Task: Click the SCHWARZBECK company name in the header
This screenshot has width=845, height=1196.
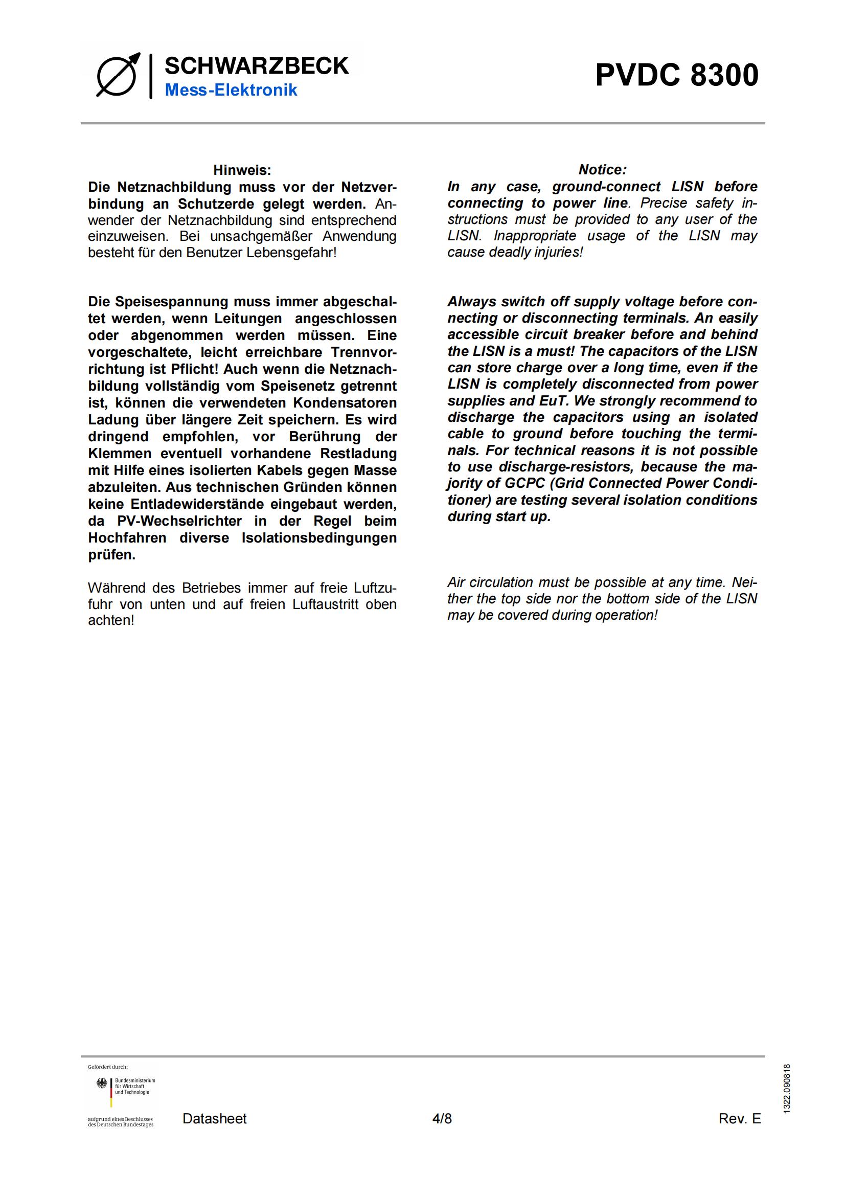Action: [x=257, y=66]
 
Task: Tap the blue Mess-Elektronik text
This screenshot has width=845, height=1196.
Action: [x=231, y=90]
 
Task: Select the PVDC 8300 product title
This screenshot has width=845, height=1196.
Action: [x=677, y=75]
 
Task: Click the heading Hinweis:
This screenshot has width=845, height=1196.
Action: [x=242, y=170]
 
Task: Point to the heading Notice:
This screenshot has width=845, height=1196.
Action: [x=602, y=170]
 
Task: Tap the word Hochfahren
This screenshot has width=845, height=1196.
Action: [x=127, y=537]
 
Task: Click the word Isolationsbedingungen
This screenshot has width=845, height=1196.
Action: [x=318, y=537]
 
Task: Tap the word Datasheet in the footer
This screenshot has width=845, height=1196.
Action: [x=215, y=1118]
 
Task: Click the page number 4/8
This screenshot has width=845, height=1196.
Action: [x=442, y=1118]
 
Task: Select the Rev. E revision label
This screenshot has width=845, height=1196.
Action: [x=739, y=1118]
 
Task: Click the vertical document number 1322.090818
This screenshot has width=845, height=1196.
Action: [x=787, y=1089]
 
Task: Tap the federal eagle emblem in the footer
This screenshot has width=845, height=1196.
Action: [x=102, y=1084]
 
